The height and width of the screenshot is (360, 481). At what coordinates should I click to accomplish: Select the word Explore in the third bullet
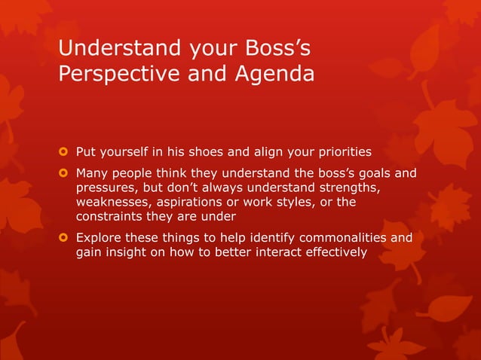point(98,238)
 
